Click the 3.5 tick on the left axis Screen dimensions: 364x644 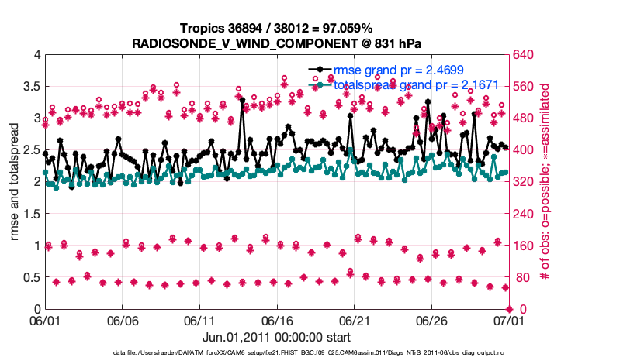click(31, 87)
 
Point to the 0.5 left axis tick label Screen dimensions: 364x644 click(31, 277)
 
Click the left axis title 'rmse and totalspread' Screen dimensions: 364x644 click(15, 182)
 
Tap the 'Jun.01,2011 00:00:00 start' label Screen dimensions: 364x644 click(276, 337)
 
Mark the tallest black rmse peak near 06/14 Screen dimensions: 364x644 click(242, 100)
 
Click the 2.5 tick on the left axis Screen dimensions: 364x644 click(31, 150)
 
